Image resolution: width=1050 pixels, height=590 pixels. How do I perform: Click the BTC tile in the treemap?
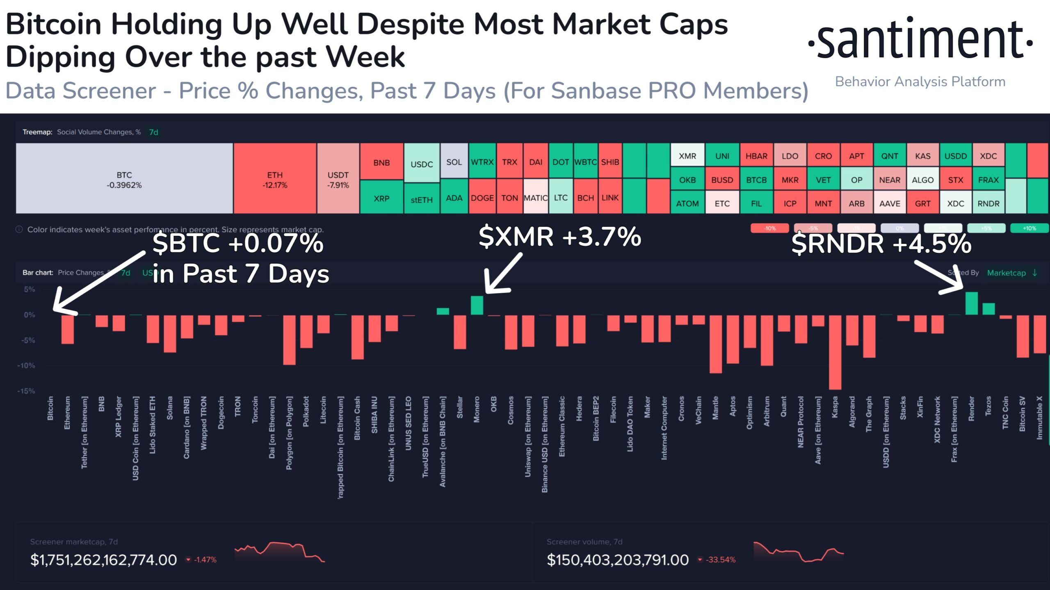(124, 179)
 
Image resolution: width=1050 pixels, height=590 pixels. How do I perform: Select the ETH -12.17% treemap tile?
(275, 179)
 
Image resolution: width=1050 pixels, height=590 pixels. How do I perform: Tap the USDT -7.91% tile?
(338, 179)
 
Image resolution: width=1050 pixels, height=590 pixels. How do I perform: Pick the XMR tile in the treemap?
(687, 156)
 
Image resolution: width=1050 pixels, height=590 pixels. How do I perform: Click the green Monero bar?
(477, 305)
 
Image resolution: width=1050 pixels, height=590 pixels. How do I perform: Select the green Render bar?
(971, 303)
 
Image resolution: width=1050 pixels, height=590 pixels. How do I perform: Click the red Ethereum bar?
(68, 329)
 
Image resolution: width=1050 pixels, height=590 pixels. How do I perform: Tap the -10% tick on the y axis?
(26, 365)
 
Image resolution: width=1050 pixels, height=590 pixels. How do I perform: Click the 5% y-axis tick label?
(30, 289)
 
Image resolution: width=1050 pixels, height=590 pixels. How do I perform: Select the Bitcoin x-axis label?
(50, 408)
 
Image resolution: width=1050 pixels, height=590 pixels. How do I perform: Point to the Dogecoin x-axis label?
(221, 412)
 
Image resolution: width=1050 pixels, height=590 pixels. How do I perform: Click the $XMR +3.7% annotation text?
(560, 237)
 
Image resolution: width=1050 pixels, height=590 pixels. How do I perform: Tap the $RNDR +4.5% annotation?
(881, 244)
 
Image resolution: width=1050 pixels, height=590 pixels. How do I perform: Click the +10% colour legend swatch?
(1029, 228)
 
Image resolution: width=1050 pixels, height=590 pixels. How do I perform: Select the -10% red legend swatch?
(769, 228)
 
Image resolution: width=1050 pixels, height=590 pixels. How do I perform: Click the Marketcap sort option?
(1006, 273)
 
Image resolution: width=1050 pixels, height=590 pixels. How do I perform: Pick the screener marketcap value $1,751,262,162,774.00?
(103, 560)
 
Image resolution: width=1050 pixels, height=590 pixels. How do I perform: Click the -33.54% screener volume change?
(720, 560)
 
